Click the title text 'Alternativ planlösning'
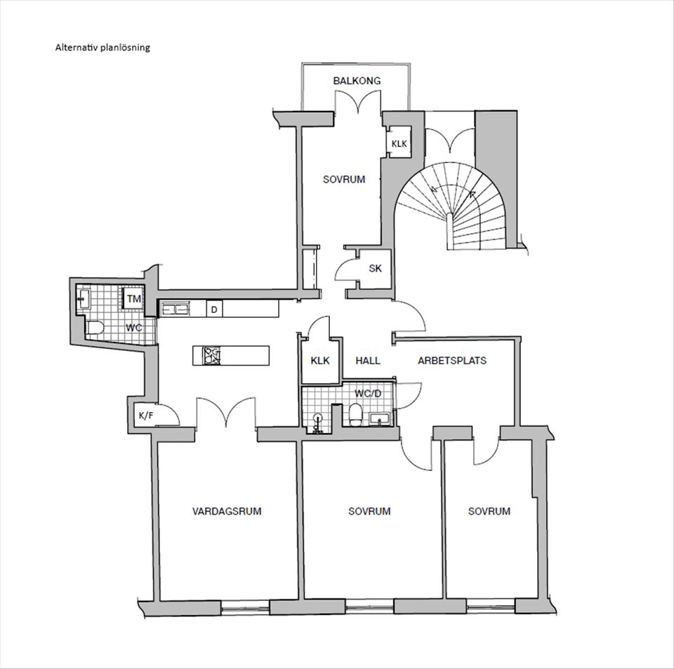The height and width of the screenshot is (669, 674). tap(103, 48)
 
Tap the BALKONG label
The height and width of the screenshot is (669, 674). tap(357, 81)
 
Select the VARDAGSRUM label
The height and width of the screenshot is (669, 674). tap(227, 511)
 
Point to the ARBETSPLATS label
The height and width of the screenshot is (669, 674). tap(452, 361)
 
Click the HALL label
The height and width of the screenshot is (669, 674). tap(368, 361)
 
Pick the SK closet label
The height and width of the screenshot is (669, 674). tap(376, 268)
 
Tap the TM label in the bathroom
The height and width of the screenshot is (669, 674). tap(133, 298)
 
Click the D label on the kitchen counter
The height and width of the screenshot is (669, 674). tap(213, 310)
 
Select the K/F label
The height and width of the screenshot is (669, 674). tap(146, 416)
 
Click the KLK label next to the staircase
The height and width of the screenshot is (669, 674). tap(399, 144)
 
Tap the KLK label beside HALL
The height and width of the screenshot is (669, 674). tap(320, 361)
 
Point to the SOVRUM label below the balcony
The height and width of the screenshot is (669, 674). tap(344, 179)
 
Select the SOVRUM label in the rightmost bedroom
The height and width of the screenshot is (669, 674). tap(489, 511)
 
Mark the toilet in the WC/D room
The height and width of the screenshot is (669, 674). tap(355, 414)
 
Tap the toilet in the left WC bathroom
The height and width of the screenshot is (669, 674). tap(95, 327)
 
